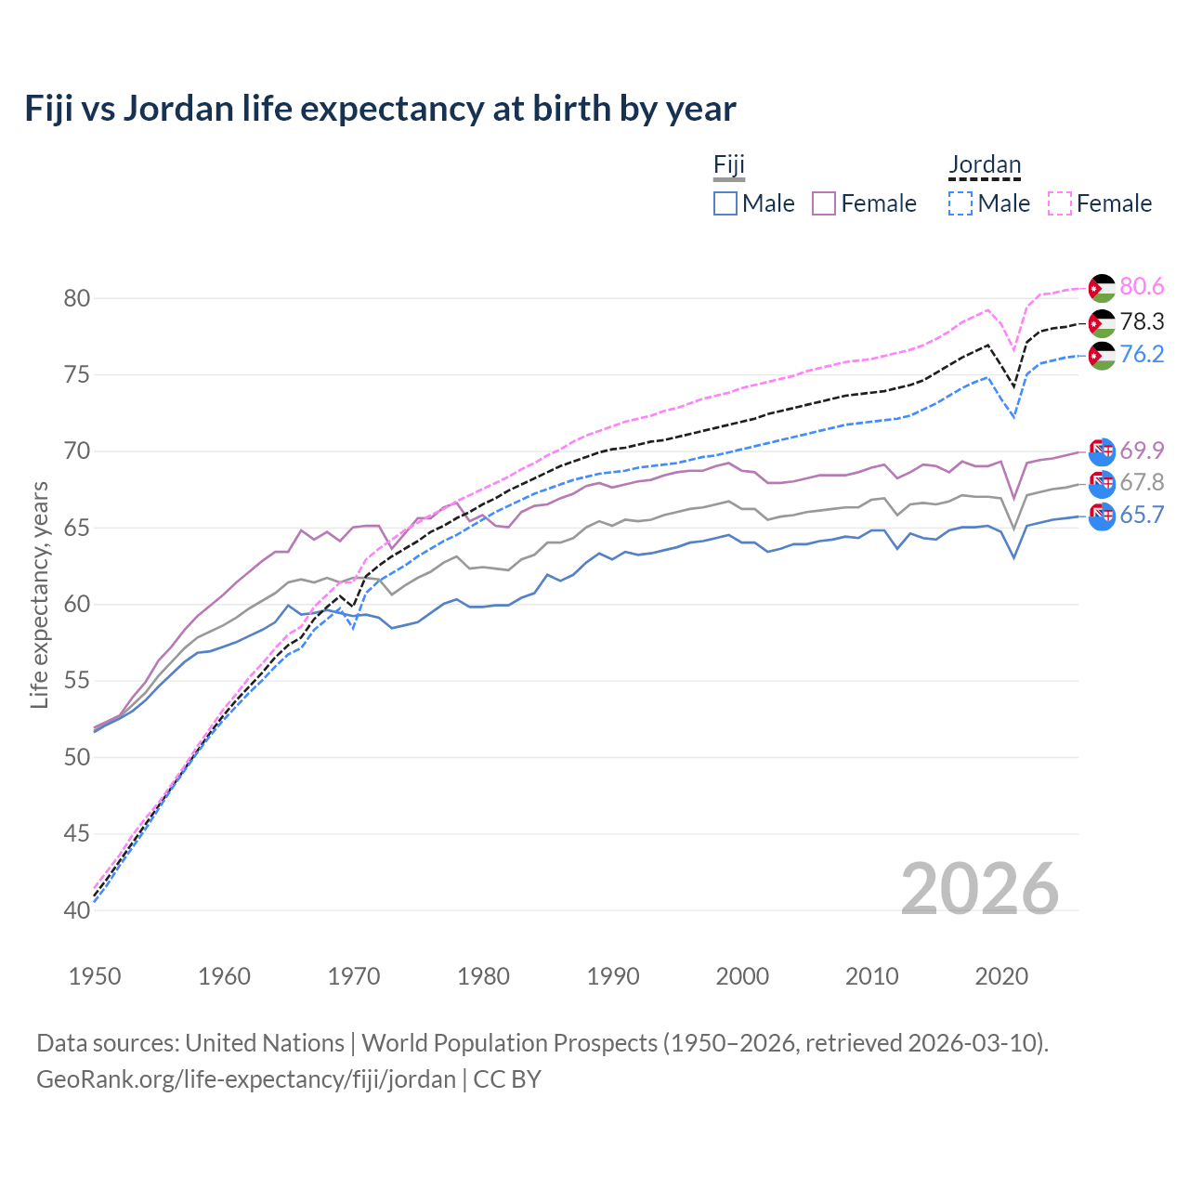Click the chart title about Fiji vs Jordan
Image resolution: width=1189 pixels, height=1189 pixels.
pos(380,109)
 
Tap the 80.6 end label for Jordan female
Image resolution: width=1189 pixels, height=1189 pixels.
pos(1142,287)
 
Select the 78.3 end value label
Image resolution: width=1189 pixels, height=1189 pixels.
pos(1142,321)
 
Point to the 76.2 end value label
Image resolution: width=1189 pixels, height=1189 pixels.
pos(1142,355)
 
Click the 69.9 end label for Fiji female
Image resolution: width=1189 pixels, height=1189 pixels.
pos(1142,451)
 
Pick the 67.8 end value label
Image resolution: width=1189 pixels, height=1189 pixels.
pos(1142,482)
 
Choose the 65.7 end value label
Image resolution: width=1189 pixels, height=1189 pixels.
pos(1142,516)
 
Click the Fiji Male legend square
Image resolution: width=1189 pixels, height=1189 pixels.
pos(725,203)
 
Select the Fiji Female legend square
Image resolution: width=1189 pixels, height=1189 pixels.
pos(824,203)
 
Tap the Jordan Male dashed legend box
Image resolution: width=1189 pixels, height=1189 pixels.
pos(960,203)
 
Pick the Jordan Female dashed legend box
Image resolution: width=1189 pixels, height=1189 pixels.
pos(1060,203)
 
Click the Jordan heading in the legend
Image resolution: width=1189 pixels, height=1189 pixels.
pos(985,165)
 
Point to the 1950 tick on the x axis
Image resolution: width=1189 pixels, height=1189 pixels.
pos(95,976)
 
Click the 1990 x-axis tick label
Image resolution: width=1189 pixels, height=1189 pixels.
pos(613,976)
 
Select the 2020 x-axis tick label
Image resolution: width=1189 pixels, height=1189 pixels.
pos(1001,976)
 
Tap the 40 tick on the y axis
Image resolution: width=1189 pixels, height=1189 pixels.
pos(77,910)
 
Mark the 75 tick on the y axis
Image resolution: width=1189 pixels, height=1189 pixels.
pos(77,375)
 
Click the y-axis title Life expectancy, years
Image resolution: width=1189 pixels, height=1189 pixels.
pos(39,594)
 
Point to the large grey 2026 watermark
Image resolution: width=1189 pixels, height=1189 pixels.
pos(980,889)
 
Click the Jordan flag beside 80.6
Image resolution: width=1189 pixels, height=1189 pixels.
pos(1102,288)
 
